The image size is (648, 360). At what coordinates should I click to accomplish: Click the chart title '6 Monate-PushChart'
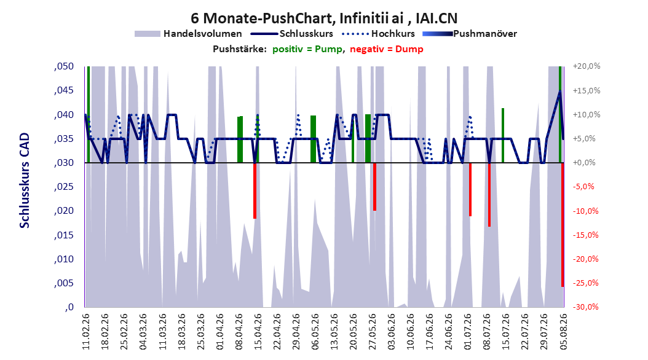coord(262,18)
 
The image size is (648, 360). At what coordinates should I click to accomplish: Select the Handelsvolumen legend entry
coord(188,34)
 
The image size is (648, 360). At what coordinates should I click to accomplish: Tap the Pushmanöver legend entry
coord(470,34)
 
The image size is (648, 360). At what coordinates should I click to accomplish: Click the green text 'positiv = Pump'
coord(307,49)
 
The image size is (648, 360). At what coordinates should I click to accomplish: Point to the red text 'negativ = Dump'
coord(387,49)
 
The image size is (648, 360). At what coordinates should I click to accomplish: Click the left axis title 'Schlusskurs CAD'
coord(25,181)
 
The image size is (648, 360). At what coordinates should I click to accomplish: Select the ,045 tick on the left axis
coord(64,90)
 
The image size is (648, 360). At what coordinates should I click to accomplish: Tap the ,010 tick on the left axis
coord(64,259)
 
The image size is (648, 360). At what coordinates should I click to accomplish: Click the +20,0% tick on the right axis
coord(586,66)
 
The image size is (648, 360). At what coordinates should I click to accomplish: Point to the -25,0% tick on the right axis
coord(586,283)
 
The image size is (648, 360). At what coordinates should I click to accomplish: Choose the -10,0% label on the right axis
coord(586,211)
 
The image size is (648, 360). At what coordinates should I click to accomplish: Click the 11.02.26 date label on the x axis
coord(86,332)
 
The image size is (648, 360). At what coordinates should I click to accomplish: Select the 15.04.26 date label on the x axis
coord(258,332)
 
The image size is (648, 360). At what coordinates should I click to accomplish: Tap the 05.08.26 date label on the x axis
coord(563,332)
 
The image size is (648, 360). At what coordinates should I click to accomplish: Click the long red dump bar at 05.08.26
coord(563,225)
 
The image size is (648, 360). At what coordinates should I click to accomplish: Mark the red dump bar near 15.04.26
coord(255,190)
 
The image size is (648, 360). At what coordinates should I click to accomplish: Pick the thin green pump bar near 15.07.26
coord(502,135)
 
